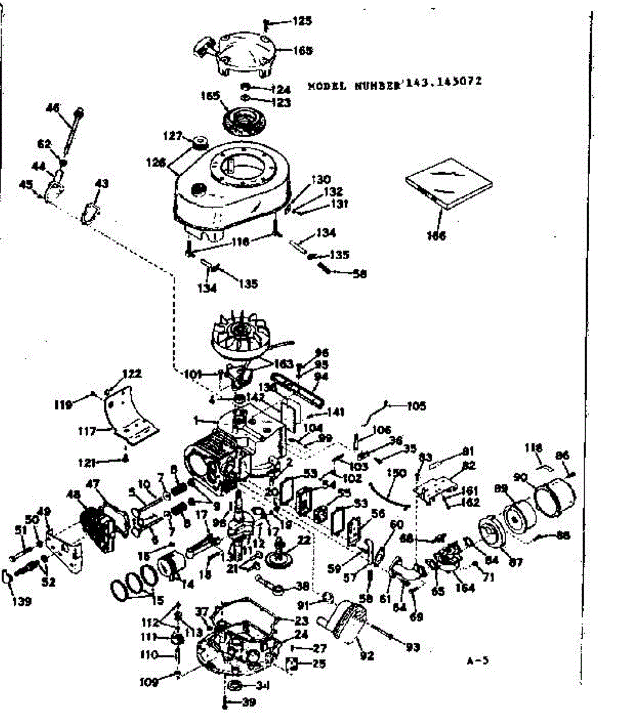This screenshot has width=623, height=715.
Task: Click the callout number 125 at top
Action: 302,22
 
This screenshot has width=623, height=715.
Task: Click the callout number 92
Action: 367,656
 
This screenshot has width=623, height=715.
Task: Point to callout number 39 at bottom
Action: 249,702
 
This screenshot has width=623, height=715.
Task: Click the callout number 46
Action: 53,108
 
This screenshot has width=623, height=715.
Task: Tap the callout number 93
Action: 412,647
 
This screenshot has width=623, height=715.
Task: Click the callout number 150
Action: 396,474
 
